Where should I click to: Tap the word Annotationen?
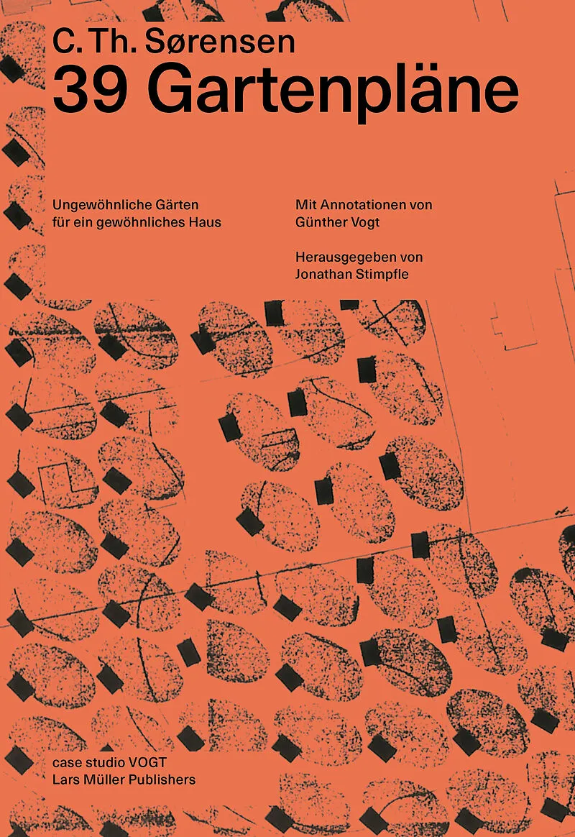(356, 204)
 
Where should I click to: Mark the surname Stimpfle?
(382, 275)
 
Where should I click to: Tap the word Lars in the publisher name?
(63, 780)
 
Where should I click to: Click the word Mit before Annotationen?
(305, 204)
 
